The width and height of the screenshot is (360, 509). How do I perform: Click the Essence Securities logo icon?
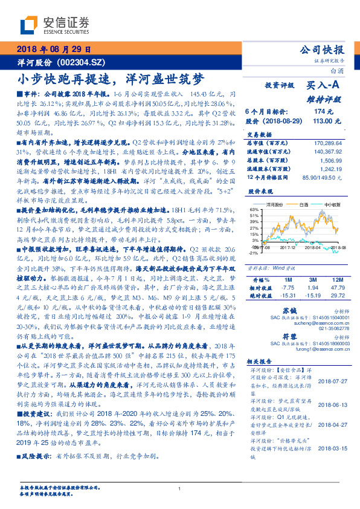point(30,25)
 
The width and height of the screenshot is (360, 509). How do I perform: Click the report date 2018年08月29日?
point(54,49)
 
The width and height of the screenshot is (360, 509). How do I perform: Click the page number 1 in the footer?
point(179,488)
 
